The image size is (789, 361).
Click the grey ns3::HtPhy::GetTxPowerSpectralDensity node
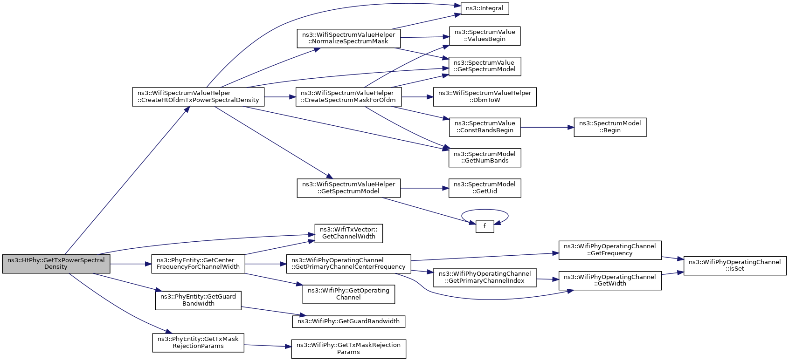pyautogui.click(x=56, y=264)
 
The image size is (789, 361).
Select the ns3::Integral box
pyautogui.click(x=484, y=8)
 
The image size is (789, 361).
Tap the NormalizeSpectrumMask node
pyautogui.click(x=349, y=38)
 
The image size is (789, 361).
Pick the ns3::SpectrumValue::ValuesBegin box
pyautogui.click(x=484, y=36)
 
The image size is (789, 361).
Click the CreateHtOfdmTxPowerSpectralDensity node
pyautogui.click(x=198, y=97)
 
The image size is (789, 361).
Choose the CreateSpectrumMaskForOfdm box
pyautogui.click(x=349, y=97)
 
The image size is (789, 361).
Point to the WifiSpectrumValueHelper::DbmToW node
pyautogui.click(x=484, y=97)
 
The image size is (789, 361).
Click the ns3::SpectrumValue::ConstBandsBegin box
pyautogui.click(x=484, y=127)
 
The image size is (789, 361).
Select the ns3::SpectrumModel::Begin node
pyautogui.click(x=610, y=127)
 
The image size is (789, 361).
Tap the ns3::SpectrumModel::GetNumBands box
pyautogui.click(x=484, y=157)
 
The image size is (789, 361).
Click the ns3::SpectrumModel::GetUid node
pyautogui.click(x=484, y=188)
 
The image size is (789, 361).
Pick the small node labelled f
pyautogui.click(x=484, y=226)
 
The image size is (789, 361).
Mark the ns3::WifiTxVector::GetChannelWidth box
pyautogui.click(x=349, y=234)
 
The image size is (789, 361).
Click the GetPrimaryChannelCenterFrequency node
pyautogui.click(x=349, y=264)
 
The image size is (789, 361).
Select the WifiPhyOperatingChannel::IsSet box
pyautogui.click(x=735, y=266)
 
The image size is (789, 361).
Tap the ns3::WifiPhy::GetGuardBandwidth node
pyautogui.click(x=349, y=321)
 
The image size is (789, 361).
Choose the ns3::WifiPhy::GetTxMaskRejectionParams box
pyautogui.click(x=349, y=349)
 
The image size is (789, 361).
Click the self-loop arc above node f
pyautogui.click(x=484, y=210)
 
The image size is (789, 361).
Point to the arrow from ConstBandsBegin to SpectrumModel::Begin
pyautogui.click(x=547, y=127)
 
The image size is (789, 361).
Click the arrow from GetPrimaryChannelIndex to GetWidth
pyautogui.click(x=548, y=279)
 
